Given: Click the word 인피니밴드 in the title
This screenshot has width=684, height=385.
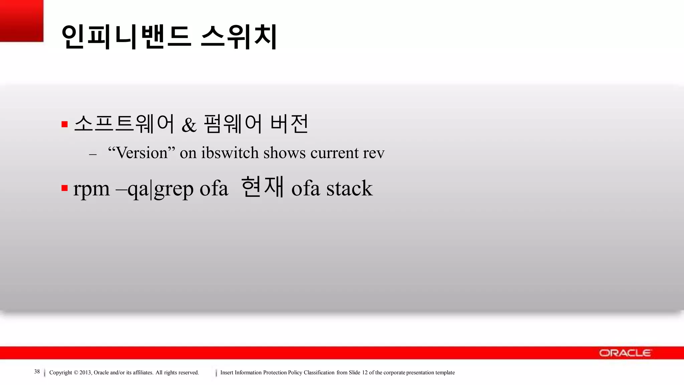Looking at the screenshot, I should tap(126, 37).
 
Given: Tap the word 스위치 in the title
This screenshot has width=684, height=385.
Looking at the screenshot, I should tap(239, 37).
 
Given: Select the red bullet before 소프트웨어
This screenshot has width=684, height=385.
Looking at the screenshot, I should tap(64, 125).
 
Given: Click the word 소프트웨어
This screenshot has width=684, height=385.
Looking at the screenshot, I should tap(124, 124).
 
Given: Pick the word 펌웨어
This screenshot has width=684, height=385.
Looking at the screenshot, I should tap(232, 124).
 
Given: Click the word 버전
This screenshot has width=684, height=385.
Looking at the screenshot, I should tap(289, 124).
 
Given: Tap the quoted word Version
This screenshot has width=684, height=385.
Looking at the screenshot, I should tap(142, 153).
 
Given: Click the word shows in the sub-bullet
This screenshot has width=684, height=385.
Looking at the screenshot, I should tap(284, 153).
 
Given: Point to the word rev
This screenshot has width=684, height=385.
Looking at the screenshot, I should tap(374, 153).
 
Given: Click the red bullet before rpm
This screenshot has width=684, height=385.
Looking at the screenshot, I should tap(64, 188).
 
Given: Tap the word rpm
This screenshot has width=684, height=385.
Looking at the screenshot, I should tap(91, 189).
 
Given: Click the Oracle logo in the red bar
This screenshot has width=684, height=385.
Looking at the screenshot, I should tap(625, 353).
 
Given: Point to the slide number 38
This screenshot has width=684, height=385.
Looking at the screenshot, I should tap(37, 372).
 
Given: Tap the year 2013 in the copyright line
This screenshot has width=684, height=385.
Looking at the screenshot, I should tap(85, 373).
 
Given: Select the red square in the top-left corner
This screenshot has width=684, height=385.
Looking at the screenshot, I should tap(21, 20).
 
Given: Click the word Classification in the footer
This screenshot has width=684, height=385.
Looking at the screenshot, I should tap(319, 373).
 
